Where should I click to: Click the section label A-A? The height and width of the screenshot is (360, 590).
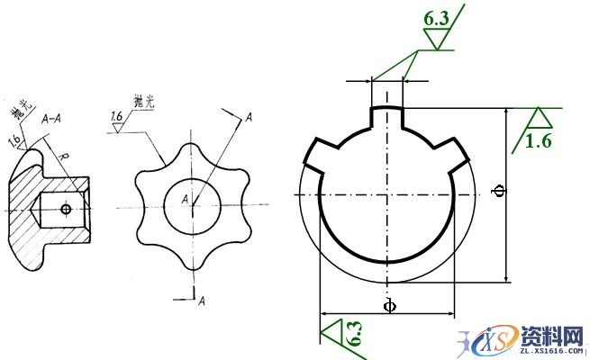point(52,117)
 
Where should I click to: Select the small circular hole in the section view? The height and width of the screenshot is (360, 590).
point(65,209)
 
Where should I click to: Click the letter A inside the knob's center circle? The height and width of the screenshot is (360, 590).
point(184,198)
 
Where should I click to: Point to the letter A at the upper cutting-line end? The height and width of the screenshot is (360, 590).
point(248,116)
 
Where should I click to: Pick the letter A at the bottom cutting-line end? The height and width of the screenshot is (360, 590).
point(203,299)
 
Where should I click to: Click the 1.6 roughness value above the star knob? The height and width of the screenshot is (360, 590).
point(117,116)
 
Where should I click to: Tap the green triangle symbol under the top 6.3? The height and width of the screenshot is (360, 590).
point(436,40)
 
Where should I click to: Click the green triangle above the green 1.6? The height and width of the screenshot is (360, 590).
point(540,117)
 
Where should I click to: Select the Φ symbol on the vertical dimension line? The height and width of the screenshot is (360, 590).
point(500,191)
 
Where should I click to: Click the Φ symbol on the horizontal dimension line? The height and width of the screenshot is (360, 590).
point(388,305)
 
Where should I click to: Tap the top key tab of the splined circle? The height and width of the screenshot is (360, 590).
point(387,115)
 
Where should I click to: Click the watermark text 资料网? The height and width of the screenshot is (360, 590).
point(550,337)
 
